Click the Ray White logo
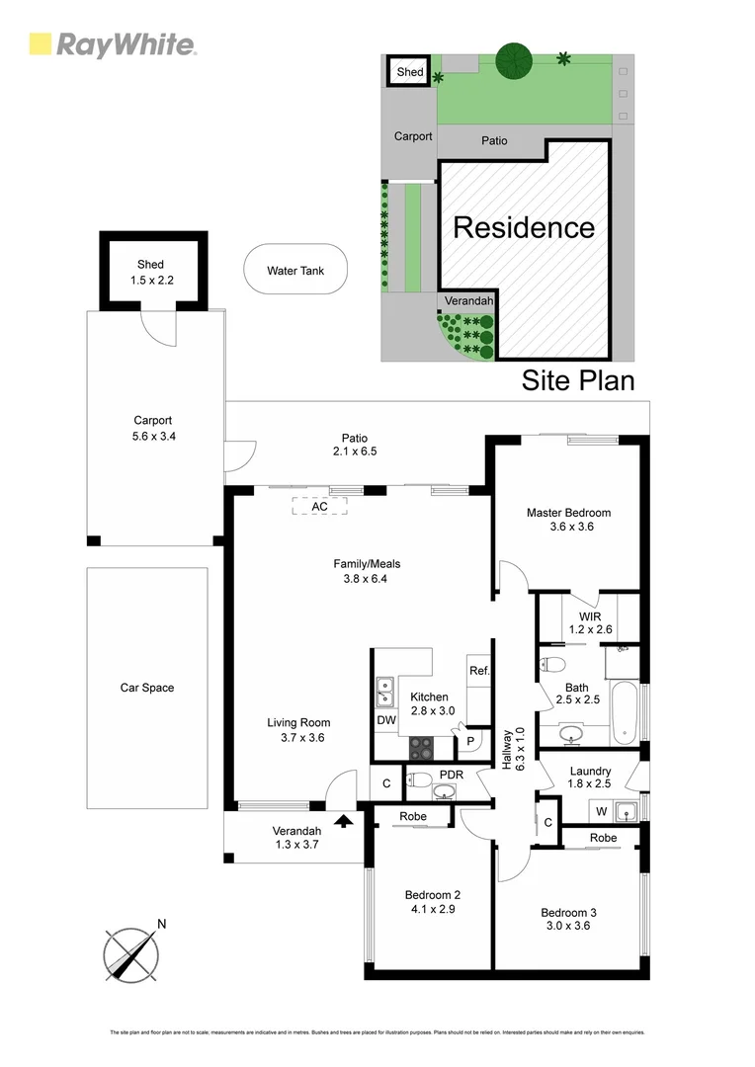point(112,44)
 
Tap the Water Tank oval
point(294,270)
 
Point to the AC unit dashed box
point(319,506)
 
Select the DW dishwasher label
point(385,722)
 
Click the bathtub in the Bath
point(625,713)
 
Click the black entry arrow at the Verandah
point(344,819)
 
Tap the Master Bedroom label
point(568,520)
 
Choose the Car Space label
point(146,688)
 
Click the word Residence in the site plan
point(524,227)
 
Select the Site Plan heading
point(577,380)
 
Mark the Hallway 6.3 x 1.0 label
point(507,751)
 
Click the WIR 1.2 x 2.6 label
point(591,622)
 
